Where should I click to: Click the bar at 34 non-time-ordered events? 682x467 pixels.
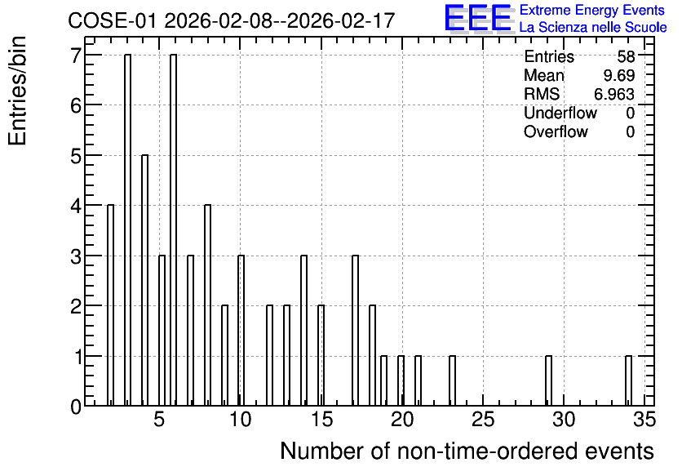coord(628,380)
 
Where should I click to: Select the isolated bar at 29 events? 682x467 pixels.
coord(548,380)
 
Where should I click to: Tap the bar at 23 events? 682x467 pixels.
coord(452,380)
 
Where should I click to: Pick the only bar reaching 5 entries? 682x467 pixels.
coord(145,280)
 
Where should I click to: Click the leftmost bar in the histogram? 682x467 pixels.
coord(110,305)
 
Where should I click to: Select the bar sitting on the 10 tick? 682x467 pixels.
coord(241,331)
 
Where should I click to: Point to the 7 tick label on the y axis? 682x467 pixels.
coord(77,56)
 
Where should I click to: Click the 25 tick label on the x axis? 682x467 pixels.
coord(483,420)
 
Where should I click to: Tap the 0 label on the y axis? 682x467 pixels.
coord(76,407)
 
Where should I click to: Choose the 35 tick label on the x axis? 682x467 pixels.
coord(644,420)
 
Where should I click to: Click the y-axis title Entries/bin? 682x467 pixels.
coord(17,91)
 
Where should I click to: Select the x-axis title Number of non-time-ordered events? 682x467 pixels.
coord(467,451)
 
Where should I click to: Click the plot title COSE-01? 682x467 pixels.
coord(112,20)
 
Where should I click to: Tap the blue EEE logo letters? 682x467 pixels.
coord(477,18)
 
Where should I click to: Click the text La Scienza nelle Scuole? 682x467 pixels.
coord(593,28)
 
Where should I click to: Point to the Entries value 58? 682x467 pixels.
coord(626,56)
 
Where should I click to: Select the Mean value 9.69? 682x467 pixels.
coord(619,75)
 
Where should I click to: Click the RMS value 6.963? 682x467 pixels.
coord(614,94)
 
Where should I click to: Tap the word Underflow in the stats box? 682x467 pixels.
coord(560,113)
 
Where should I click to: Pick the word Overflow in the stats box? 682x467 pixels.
coord(556,132)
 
